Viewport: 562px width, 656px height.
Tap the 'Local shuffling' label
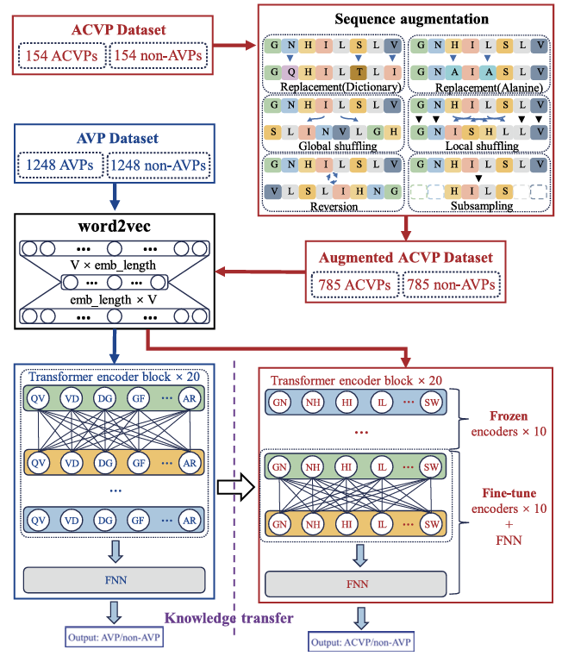pos(482,147)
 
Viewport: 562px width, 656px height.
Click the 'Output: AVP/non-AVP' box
pos(113,639)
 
